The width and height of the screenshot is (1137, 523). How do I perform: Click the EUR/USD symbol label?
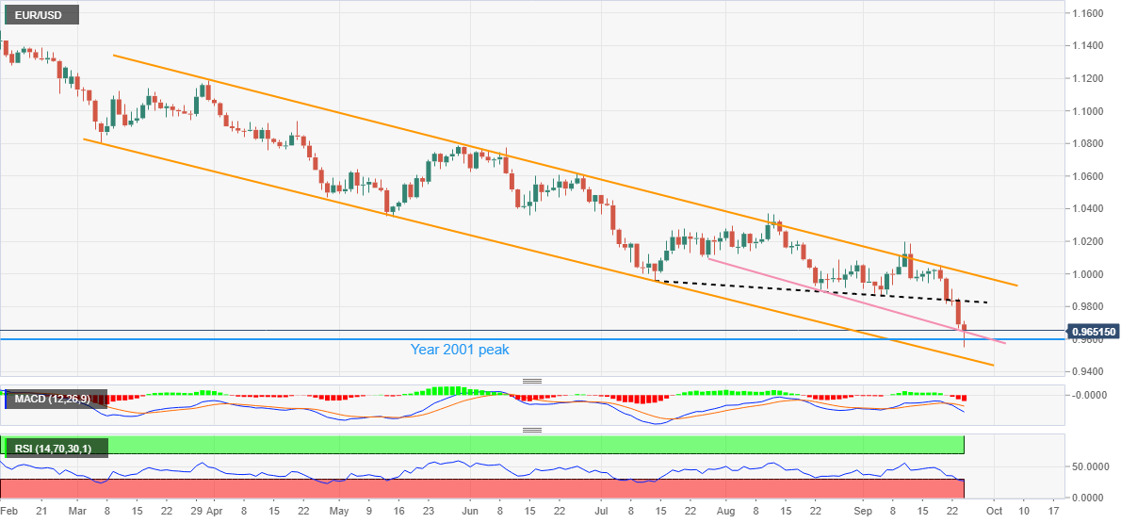coord(40,15)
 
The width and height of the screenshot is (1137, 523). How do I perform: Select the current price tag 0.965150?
coord(1097,332)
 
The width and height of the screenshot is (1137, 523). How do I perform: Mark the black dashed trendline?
coord(810,289)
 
